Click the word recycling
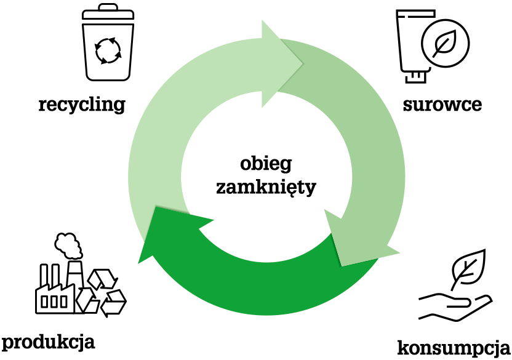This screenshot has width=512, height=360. click(x=81, y=105)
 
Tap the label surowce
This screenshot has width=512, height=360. click(x=442, y=105)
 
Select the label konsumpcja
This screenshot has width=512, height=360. click(x=454, y=347)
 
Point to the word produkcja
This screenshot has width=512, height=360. click(x=48, y=342)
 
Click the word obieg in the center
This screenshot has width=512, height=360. click(x=266, y=164)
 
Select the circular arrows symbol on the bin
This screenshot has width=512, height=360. click(x=107, y=50)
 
